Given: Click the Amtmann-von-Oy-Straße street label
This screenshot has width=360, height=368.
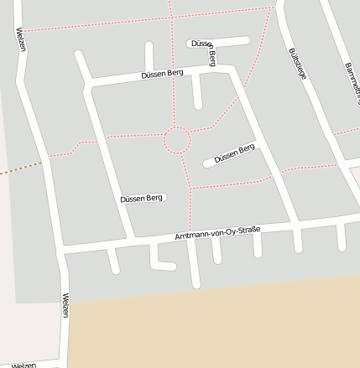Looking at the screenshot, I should point(217,232).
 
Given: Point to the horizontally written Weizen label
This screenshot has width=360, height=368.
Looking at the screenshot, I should point(23,365).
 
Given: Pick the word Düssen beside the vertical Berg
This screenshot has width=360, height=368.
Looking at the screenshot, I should point(200,43).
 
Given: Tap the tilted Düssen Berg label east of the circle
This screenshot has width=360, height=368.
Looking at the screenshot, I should point(234,154).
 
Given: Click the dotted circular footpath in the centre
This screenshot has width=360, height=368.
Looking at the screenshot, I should point(177,140).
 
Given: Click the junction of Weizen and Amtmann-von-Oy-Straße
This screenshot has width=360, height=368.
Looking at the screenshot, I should point(61,251).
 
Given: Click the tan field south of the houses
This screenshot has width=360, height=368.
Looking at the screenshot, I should point(210,327).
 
